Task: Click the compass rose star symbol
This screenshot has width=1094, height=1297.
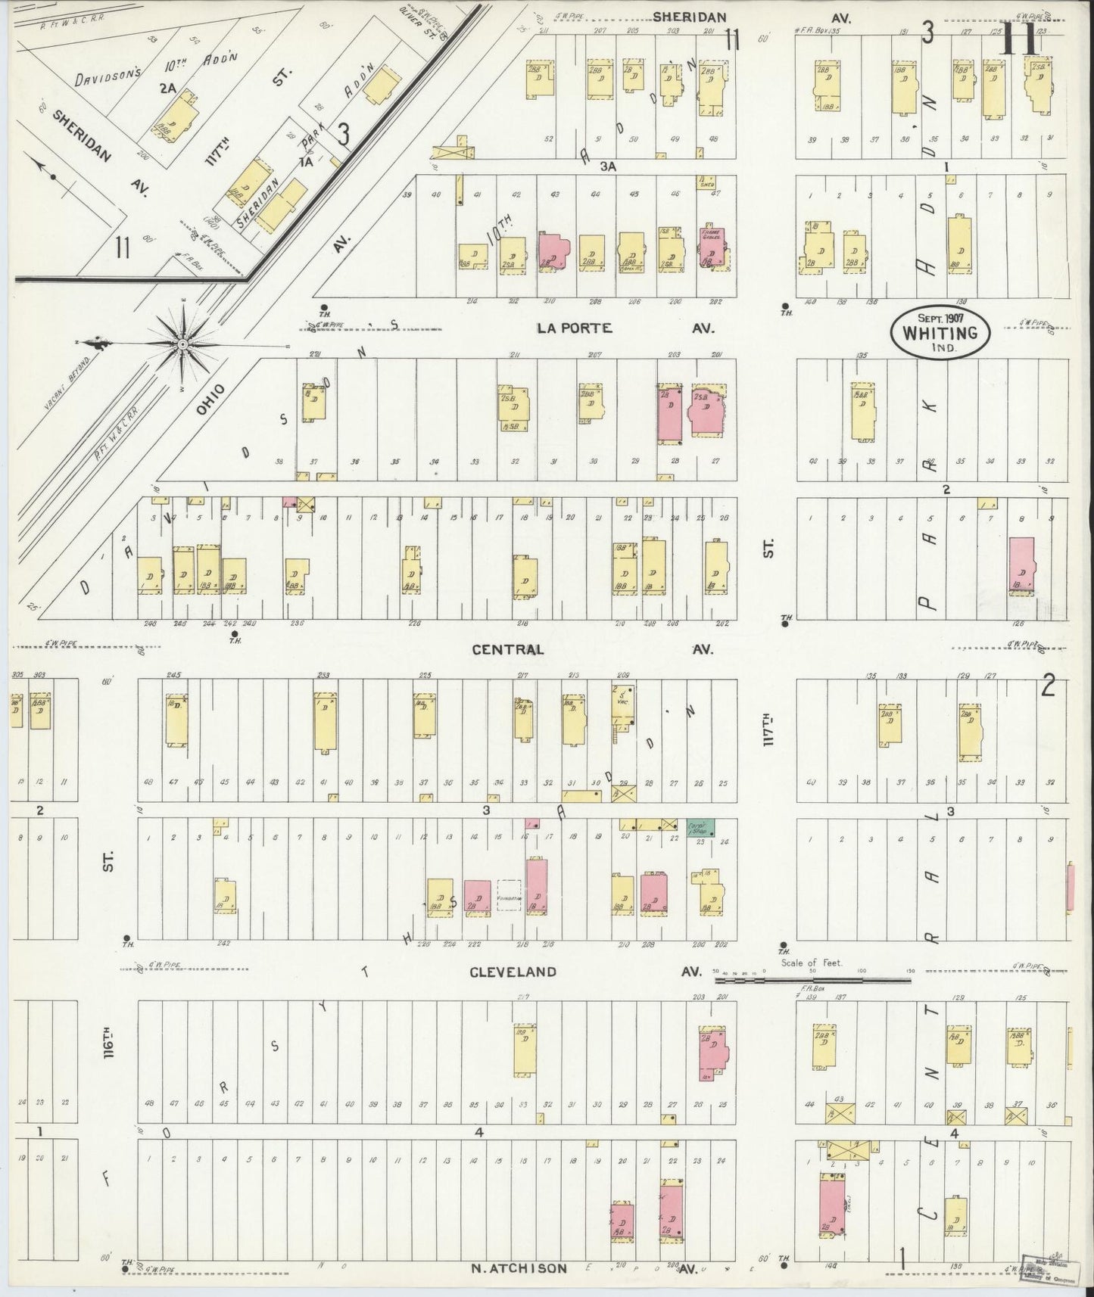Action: (x=182, y=344)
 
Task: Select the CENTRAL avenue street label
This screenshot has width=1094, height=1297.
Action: (x=507, y=649)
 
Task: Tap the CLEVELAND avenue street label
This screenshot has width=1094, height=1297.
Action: (x=513, y=972)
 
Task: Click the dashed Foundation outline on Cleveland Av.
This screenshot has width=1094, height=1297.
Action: (x=509, y=898)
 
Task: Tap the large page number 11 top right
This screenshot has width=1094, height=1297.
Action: (x=1020, y=42)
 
